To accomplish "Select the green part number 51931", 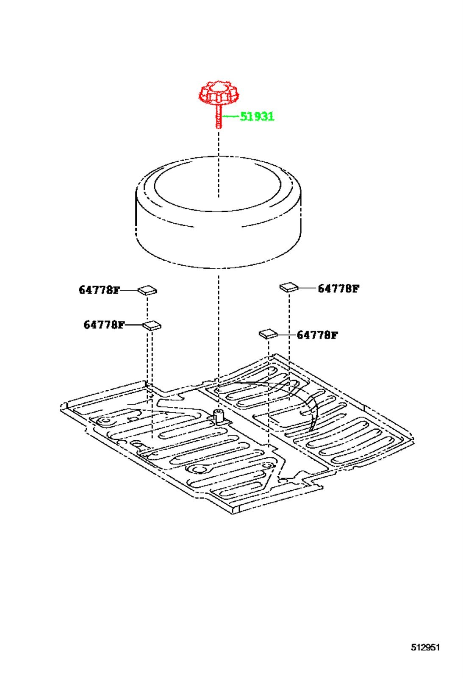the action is pos(257,117).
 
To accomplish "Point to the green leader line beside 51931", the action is pos(230,116).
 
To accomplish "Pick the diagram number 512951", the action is pos(425,647).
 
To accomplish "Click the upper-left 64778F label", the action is pos(99,290).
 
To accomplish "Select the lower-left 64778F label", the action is pos(104,325).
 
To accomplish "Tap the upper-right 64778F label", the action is pos(338,289).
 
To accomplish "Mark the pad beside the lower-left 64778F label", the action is pos(152,325).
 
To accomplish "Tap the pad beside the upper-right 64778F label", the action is pos(289,286).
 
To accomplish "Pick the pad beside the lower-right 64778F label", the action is pos(268,334).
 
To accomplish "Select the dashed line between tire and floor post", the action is pos(219,342).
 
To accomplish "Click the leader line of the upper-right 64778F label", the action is pos(308,288).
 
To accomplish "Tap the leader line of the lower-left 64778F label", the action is pos(133,325).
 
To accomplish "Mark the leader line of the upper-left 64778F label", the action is pos(129,290).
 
